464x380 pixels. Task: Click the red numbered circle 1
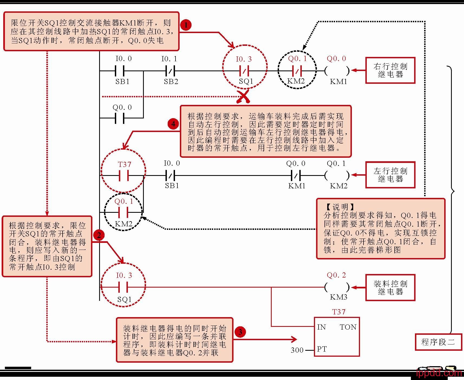click(x=186, y=25)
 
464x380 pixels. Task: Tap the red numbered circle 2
click(x=99, y=235)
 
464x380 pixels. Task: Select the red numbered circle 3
click(x=240, y=332)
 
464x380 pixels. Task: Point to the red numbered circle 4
click(x=173, y=124)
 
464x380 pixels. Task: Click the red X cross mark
click(x=243, y=97)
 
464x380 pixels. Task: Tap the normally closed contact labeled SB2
click(x=170, y=71)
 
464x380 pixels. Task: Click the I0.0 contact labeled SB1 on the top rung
click(x=120, y=71)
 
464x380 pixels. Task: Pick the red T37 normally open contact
click(x=124, y=176)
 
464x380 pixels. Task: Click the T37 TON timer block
click(x=337, y=337)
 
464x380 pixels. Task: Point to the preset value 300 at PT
click(x=297, y=350)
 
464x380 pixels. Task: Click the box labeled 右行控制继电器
click(x=390, y=70)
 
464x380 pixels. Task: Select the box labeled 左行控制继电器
click(x=390, y=175)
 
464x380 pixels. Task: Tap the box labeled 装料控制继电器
click(x=390, y=288)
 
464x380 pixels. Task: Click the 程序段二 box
click(x=438, y=342)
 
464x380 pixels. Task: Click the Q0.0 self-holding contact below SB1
click(x=120, y=118)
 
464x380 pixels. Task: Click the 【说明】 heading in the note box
click(x=340, y=207)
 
